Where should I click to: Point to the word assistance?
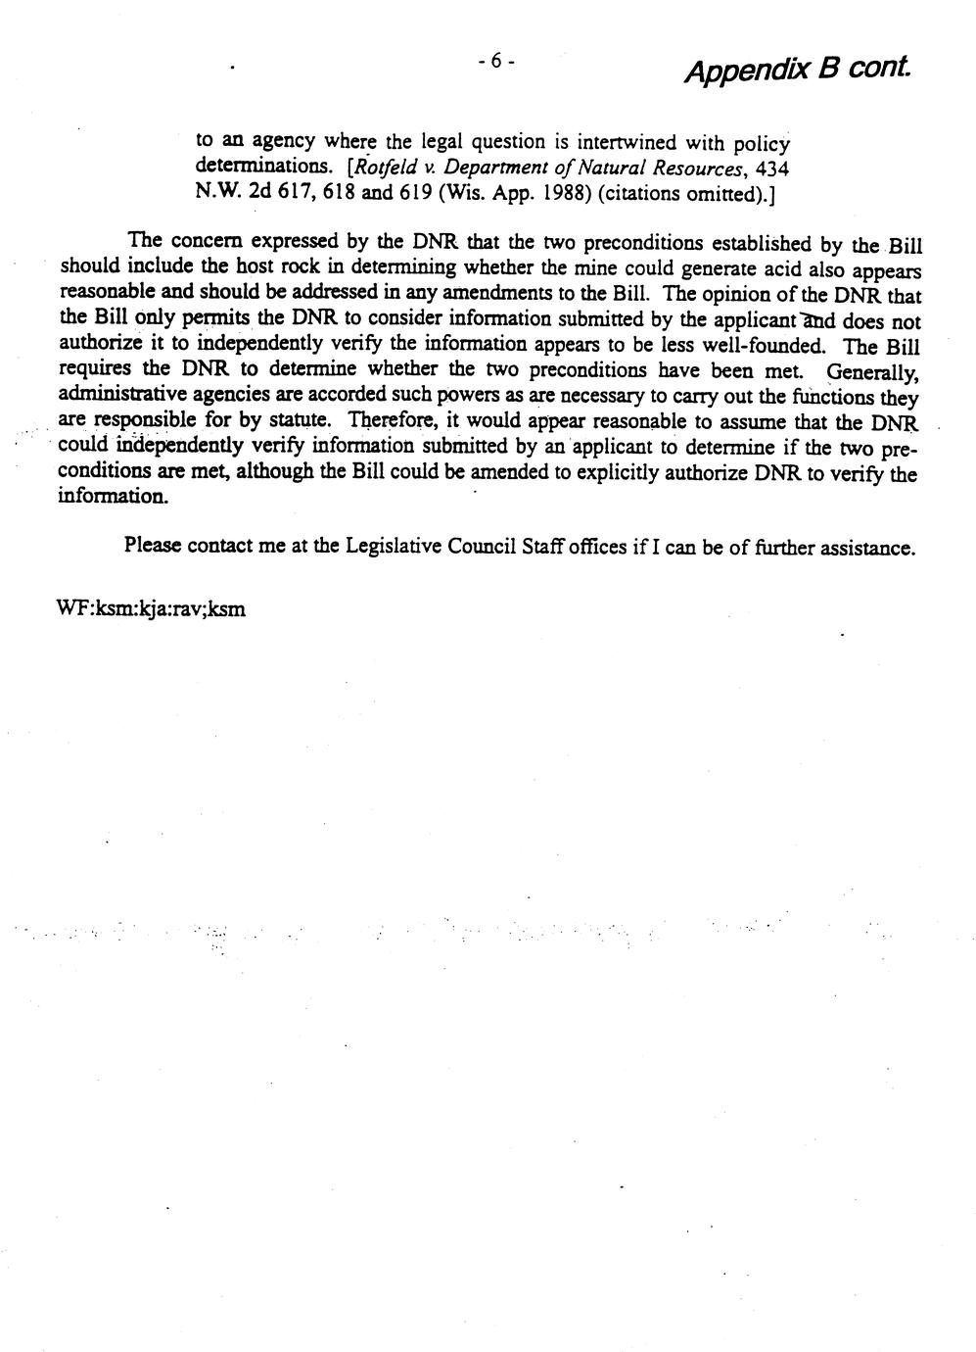point(867,547)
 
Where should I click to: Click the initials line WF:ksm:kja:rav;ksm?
point(152,608)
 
